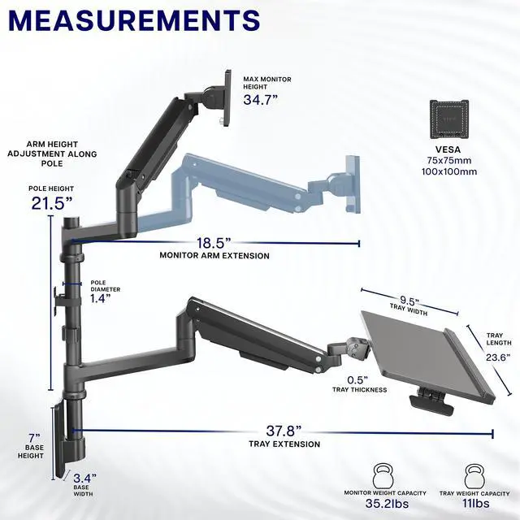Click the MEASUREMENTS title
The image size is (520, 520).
(x=135, y=20)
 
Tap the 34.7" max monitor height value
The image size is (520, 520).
(x=262, y=99)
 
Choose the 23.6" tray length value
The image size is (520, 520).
(x=497, y=356)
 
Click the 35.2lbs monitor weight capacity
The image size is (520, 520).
(x=385, y=504)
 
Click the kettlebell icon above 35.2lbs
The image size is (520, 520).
(x=384, y=475)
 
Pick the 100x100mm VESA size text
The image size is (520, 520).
(x=449, y=172)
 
